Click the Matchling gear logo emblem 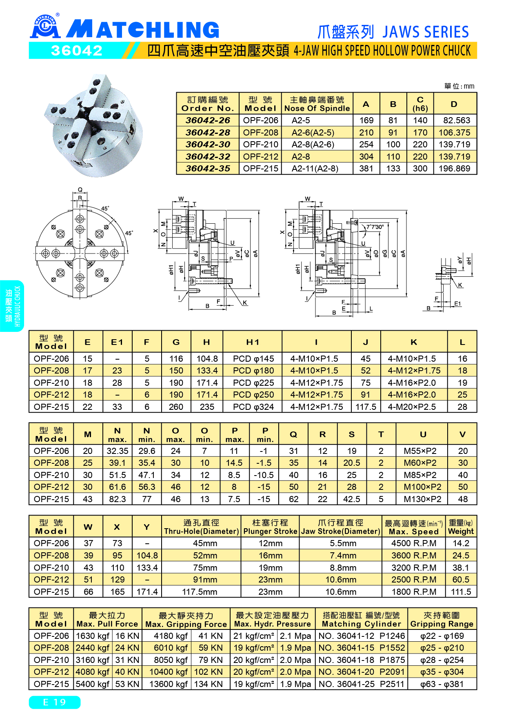pyautogui.click(x=45, y=27)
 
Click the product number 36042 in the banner pyautogui.click(x=77, y=51)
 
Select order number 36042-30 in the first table pyautogui.click(x=208, y=145)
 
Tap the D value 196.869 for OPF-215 pyautogui.click(x=454, y=169)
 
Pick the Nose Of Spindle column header pyautogui.click(x=317, y=104)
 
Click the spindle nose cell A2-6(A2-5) pyautogui.click(x=313, y=133)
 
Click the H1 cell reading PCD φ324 pyautogui.click(x=253, y=407)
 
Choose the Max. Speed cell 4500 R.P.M pyautogui.click(x=413, y=543)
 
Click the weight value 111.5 pyautogui.click(x=461, y=592)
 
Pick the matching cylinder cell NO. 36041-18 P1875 pyautogui.click(x=361, y=660)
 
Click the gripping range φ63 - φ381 pyautogui.click(x=442, y=684)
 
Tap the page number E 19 pyautogui.click(x=55, y=702)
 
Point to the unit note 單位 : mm pyautogui.click(x=459, y=86)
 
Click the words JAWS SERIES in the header pyautogui.click(x=426, y=32)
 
